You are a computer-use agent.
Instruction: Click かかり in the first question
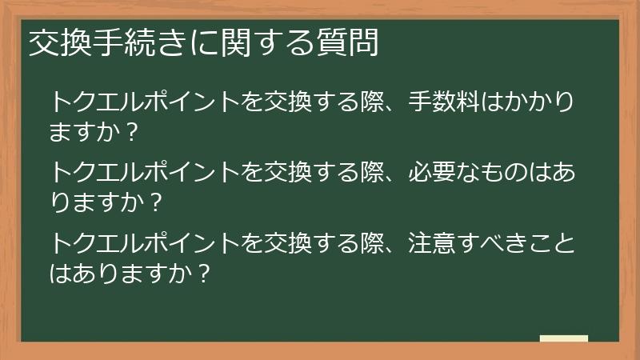(546, 103)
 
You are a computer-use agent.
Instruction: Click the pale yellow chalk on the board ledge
(564, 338)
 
